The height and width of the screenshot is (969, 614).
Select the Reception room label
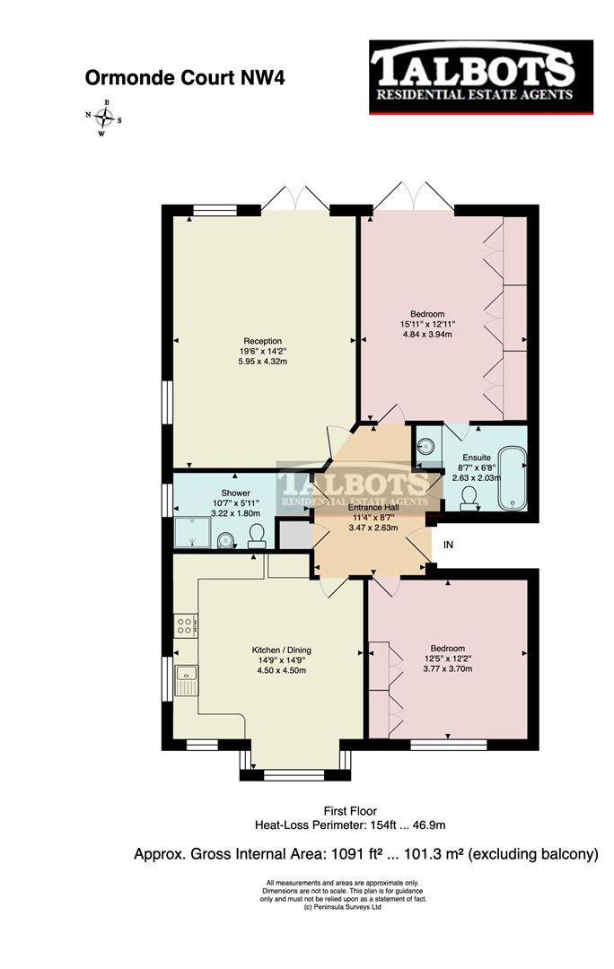click(262, 341)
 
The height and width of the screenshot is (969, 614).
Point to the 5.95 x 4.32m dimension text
click(262, 362)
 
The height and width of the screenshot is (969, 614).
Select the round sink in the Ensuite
click(426, 444)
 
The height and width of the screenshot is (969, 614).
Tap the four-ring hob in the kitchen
click(186, 624)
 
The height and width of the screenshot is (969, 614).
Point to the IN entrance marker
click(449, 545)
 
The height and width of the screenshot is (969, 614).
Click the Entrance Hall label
click(367, 507)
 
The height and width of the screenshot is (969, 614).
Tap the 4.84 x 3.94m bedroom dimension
click(425, 334)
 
